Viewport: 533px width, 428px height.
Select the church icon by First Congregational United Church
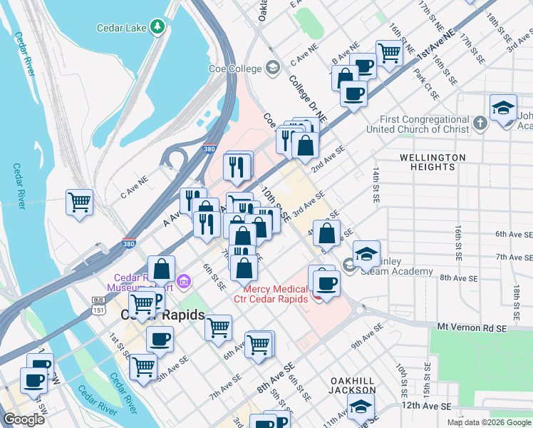coord(480,123)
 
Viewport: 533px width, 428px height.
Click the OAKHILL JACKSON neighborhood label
coord(352,385)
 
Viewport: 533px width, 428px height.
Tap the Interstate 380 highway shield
coord(129,243)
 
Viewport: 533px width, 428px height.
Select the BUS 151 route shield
coord(98,305)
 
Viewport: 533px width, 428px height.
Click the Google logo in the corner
coord(24,419)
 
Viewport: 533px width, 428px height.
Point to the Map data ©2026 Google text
coord(489,422)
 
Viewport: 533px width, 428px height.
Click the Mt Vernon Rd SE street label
coord(471,327)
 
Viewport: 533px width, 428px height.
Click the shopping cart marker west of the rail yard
coord(79,201)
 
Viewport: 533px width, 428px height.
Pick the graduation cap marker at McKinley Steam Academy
coord(366,255)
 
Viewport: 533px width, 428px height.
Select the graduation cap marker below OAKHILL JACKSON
coord(361,407)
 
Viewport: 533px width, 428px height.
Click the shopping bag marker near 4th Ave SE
coord(326,233)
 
